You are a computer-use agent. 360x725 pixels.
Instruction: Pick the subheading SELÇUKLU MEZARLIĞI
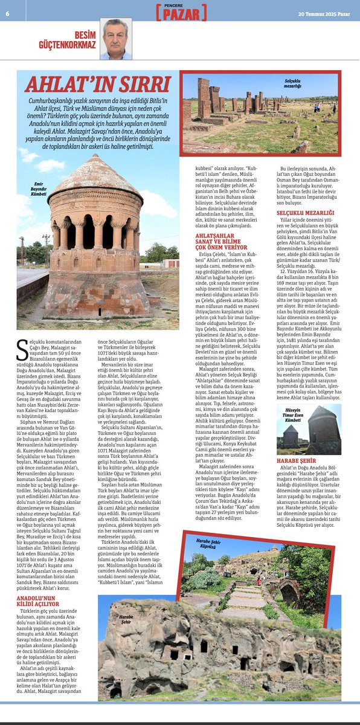305,213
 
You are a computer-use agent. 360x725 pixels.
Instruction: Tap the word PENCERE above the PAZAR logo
179,5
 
